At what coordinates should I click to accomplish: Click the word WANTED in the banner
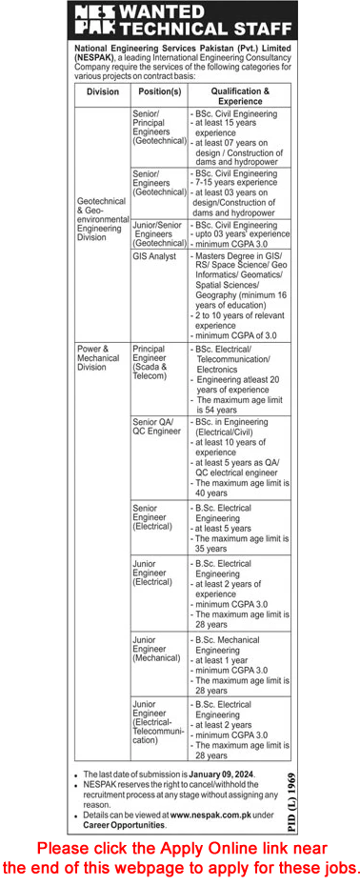click(x=158, y=12)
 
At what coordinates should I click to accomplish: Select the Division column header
click(x=100, y=92)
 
